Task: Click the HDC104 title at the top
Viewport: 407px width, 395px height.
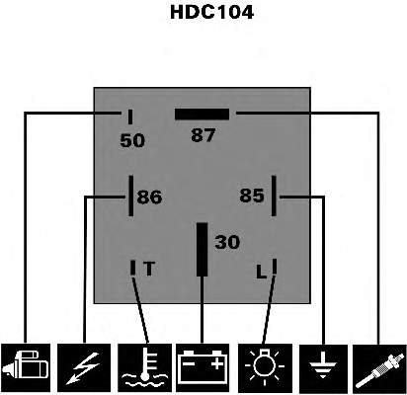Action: tap(211, 12)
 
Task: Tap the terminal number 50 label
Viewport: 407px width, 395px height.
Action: tap(132, 140)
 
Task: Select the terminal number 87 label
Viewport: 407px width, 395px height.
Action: tap(203, 135)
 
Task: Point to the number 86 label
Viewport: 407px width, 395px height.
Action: tap(149, 197)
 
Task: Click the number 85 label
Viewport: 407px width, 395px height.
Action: tap(252, 196)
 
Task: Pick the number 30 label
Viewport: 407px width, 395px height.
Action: tap(227, 242)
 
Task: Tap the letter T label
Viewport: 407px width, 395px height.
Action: tap(149, 269)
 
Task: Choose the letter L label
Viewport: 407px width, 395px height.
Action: tap(262, 273)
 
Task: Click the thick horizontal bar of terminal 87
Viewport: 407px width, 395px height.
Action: tap(202, 115)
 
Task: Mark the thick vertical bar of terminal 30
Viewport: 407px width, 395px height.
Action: tap(202, 250)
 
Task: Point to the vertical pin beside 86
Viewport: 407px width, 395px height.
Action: tap(131, 196)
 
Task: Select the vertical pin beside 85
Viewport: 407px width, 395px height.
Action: tap(274, 196)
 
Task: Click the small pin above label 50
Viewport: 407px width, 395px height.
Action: tap(130, 117)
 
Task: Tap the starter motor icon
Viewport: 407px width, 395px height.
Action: tap(26, 368)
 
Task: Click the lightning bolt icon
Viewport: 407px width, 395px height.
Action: tap(84, 368)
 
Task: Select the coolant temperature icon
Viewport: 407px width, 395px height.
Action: tap(145, 368)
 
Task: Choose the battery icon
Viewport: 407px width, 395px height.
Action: tap(203, 368)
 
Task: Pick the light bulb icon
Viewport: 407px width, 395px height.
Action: tap(265, 368)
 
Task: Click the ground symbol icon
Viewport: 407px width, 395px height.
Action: tap(323, 368)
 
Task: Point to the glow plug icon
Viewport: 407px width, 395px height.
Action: tap(379, 368)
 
